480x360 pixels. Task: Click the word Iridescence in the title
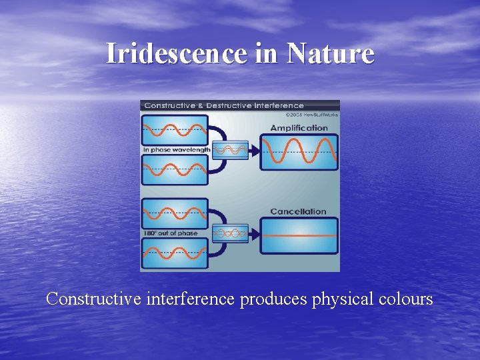point(176,53)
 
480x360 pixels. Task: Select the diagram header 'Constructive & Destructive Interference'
point(224,105)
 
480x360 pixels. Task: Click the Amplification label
point(299,127)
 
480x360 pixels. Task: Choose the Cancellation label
point(298,211)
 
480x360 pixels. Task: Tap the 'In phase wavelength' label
point(176,150)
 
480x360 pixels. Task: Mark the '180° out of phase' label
point(170,233)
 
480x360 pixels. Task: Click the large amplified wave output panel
point(298,152)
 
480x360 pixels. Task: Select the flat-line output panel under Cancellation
point(298,236)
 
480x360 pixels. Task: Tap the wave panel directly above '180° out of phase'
point(174,213)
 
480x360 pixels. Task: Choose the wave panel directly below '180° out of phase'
point(174,253)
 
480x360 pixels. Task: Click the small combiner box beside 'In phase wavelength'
point(229,150)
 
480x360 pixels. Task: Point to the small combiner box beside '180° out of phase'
point(229,233)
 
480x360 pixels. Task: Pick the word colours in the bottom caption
point(405,299)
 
